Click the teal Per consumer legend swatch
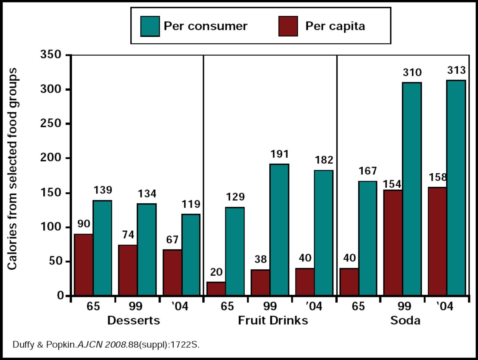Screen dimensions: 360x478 (x=150, y=26)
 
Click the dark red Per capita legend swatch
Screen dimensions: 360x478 (x=288, y=26)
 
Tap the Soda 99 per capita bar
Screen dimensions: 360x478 (x=393, y=243)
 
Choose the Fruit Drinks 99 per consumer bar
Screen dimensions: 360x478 (x=279, y=230)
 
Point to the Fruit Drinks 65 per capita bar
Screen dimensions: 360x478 (x=216, y=288)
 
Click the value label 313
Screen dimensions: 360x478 (x=456, y=70)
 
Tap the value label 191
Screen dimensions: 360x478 (x=279, y=154)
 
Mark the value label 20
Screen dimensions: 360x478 (x=216, y=272)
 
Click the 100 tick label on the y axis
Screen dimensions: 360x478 (x=50, y=227)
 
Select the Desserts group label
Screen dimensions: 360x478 (x=133, y=320)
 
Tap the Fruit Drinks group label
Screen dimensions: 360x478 (x=273, y=320)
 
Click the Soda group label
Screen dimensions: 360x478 (x=405, y=320)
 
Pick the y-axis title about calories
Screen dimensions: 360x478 (x=12, y=169)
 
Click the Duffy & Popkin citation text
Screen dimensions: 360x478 (x=106, y=345)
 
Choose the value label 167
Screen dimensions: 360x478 (x=368, y=171)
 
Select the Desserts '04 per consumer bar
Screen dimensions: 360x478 (x=191, y=255)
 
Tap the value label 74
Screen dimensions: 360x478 (x=128, y=235)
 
